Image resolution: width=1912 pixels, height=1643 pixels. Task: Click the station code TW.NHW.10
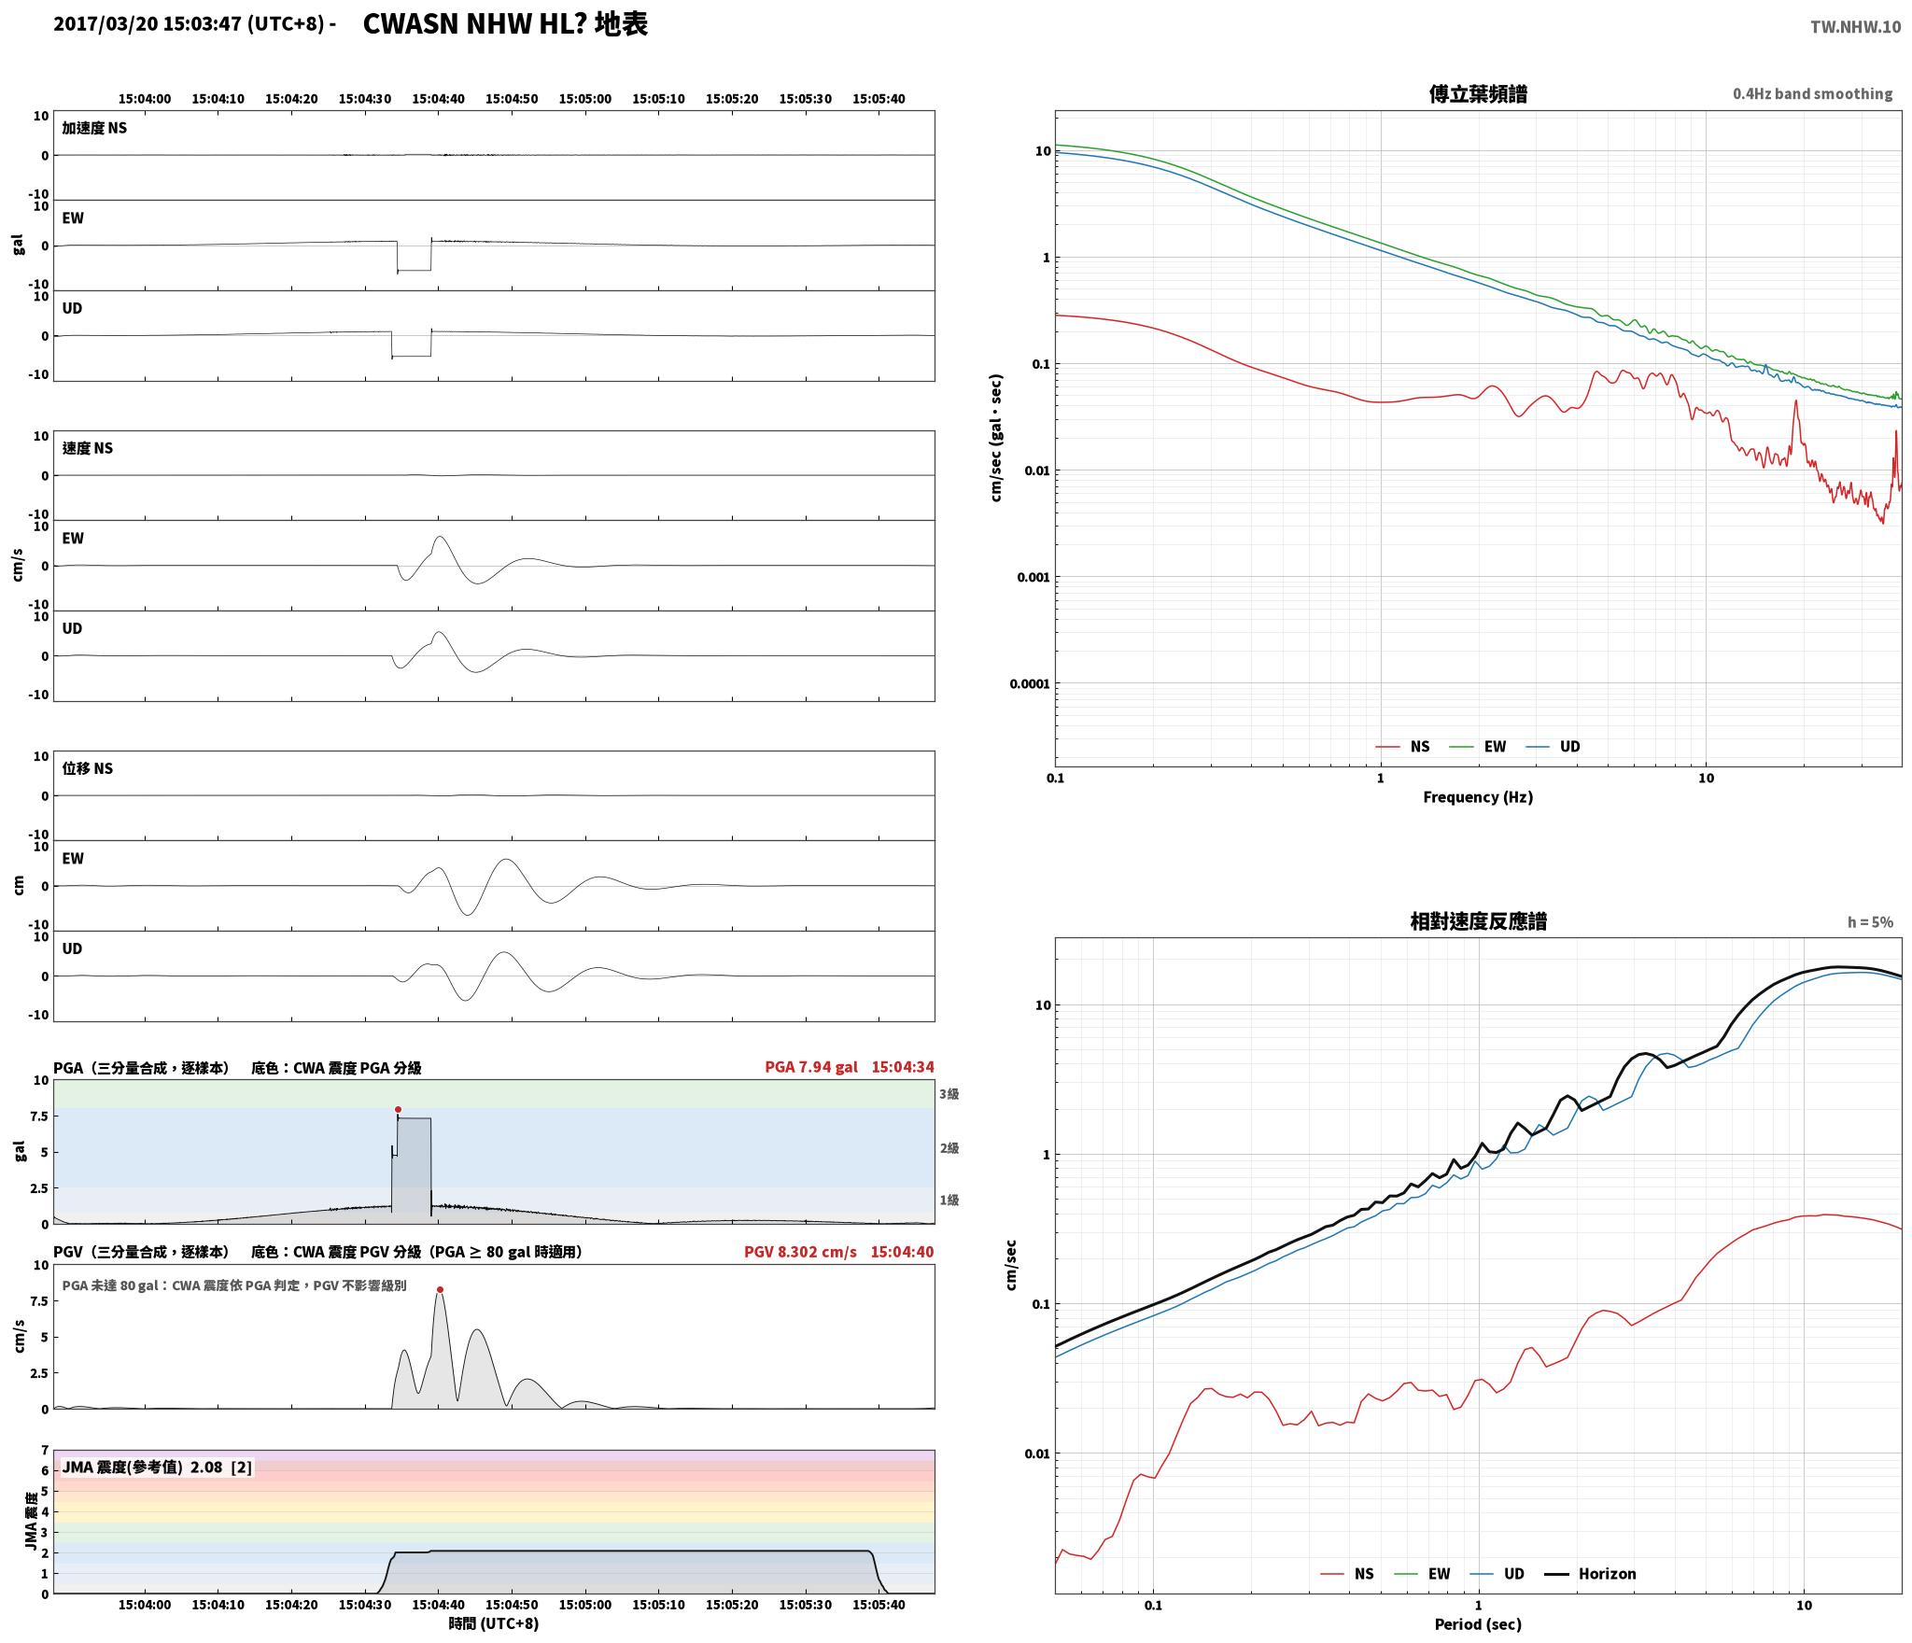pos(1855,27)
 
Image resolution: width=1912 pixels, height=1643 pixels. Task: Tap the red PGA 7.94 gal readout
pos(810,1067)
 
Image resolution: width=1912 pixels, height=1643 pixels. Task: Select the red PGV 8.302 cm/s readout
pos(800,1252)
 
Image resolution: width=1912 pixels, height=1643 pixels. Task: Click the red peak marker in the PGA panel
pos(398,1109)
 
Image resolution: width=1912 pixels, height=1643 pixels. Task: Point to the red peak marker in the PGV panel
pos(440,1289)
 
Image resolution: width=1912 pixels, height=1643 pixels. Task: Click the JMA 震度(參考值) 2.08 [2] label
pos(157,1467)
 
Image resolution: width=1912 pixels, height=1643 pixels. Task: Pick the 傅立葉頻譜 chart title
pos(1478,93)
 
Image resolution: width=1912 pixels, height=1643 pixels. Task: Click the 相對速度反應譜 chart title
pos(1478,920)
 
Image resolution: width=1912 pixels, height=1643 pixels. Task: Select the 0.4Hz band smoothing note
pos(1812,93)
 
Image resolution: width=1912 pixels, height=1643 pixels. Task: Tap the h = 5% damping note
pos(1870,921)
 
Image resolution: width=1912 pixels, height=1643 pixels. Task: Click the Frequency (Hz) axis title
pos(1478,796)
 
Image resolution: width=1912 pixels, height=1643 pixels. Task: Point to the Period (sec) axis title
pos(1478,1623)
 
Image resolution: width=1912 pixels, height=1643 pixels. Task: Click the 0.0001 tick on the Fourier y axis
pos(1030,683)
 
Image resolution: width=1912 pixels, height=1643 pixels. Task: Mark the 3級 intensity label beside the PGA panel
pos(949,1093)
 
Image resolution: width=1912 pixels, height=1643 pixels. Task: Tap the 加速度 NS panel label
pos(94,128)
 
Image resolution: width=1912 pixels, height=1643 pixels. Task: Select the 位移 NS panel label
pos(87,768)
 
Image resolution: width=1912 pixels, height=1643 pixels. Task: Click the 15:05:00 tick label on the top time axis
pos(585,98)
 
